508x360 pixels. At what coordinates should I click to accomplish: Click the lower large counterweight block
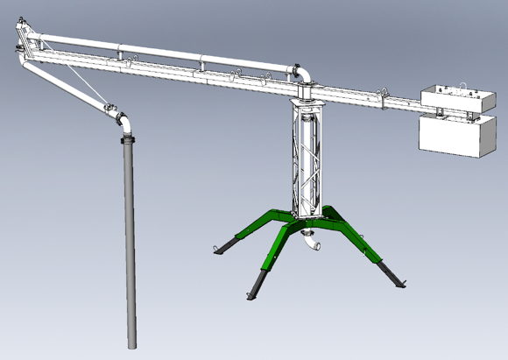[453, 138]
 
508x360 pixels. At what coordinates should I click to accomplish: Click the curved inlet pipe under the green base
[309, 244]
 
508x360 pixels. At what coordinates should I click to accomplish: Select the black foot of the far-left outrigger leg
[226, 247]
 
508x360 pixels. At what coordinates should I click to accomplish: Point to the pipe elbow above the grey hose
[123, 117]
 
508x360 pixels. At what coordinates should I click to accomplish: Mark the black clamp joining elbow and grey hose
[126, 133]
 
